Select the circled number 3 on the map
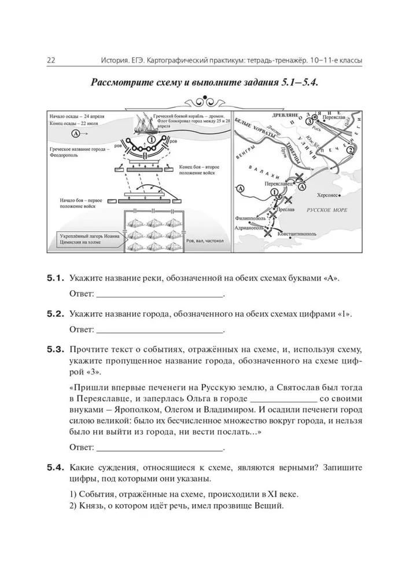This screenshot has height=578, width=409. point(311,121)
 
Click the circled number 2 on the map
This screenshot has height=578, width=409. point(351,151)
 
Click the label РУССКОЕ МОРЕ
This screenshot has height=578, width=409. point(327,210)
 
